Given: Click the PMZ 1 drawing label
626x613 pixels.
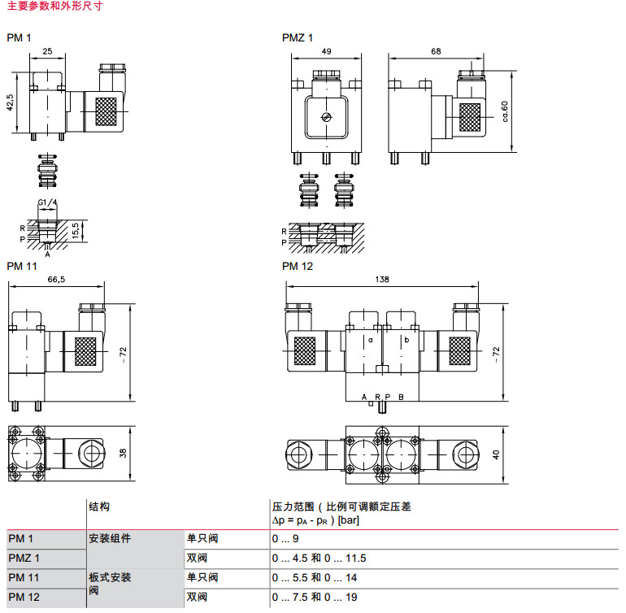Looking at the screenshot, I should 298,37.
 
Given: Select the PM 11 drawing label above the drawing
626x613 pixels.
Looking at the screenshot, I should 23,266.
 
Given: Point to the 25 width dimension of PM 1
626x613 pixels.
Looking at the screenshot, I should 47,51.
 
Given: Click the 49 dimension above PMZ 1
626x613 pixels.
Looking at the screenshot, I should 326,51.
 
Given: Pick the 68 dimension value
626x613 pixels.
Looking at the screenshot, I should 436,51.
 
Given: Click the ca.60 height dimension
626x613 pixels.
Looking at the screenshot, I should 505,111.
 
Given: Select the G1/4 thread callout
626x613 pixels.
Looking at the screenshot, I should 47,203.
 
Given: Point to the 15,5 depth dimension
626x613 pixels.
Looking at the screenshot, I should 74,230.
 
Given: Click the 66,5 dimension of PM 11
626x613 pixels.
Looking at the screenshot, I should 56,279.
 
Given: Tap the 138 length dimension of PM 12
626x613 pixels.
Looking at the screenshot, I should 382,279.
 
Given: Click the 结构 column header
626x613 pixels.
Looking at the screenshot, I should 98,506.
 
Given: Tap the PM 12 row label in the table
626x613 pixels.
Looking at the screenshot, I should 24,598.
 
